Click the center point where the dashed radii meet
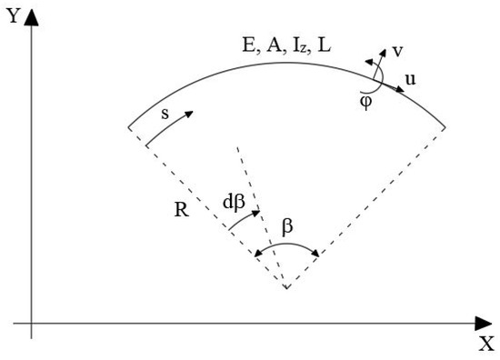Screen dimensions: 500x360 click(286, 288)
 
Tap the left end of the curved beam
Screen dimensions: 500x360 click(128, 126)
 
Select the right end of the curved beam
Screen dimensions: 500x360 click(445, 126)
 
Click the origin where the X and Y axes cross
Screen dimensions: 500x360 click(32, 322)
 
